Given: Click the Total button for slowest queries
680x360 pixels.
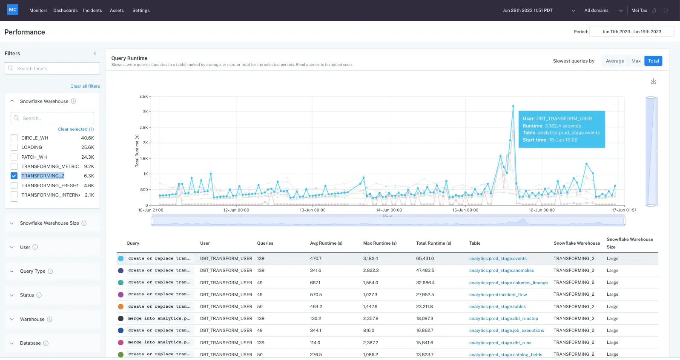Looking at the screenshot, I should (653, 61).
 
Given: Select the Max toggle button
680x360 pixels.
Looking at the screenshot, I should (636, 61).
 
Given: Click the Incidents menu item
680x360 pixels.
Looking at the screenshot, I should (92, 10).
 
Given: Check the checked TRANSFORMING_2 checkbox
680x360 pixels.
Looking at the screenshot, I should (14, 176).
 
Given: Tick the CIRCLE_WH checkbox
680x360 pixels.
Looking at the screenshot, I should (14, 138).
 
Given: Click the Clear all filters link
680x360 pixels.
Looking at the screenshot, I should (85, 86).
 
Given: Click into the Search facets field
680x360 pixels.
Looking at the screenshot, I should (52, 69).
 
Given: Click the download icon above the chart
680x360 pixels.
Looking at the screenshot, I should (653, 81).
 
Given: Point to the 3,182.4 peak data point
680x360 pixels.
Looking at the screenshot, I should (513, 106).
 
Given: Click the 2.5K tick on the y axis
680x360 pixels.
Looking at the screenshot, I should (143, 127).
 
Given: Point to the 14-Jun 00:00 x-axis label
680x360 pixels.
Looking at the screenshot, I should (389, 210).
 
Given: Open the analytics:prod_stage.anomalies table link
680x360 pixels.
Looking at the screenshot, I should (501, 271).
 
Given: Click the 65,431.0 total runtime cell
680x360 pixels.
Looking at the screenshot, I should (425, 259).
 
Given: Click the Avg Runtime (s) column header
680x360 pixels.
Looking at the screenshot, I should (326, 243).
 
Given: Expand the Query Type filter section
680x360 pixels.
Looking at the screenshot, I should (32, 271).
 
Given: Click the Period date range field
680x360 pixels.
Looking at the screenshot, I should (631, 31).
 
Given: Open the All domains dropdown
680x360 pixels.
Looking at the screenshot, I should (603, 10).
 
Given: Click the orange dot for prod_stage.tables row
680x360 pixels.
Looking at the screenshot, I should (121, 306).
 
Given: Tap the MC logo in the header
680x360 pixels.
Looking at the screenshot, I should (13, 10).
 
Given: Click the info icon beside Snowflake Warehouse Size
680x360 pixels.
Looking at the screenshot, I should (84, 223).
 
